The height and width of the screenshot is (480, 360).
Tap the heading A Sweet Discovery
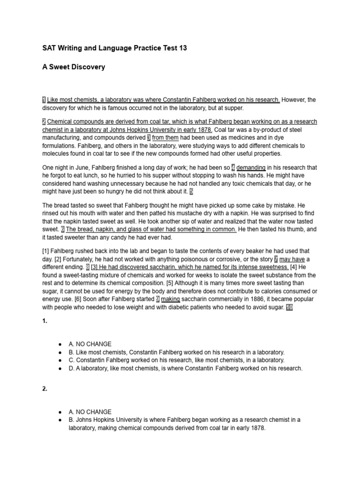[74, 67]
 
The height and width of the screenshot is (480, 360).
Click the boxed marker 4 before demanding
[233, 167]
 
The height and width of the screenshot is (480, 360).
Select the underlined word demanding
[251, 167]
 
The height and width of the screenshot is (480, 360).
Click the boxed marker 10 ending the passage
[289, 307]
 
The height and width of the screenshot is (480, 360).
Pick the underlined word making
[171, 299]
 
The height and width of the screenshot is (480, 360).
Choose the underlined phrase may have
[292, 259]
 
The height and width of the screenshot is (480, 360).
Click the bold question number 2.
[45, 389]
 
